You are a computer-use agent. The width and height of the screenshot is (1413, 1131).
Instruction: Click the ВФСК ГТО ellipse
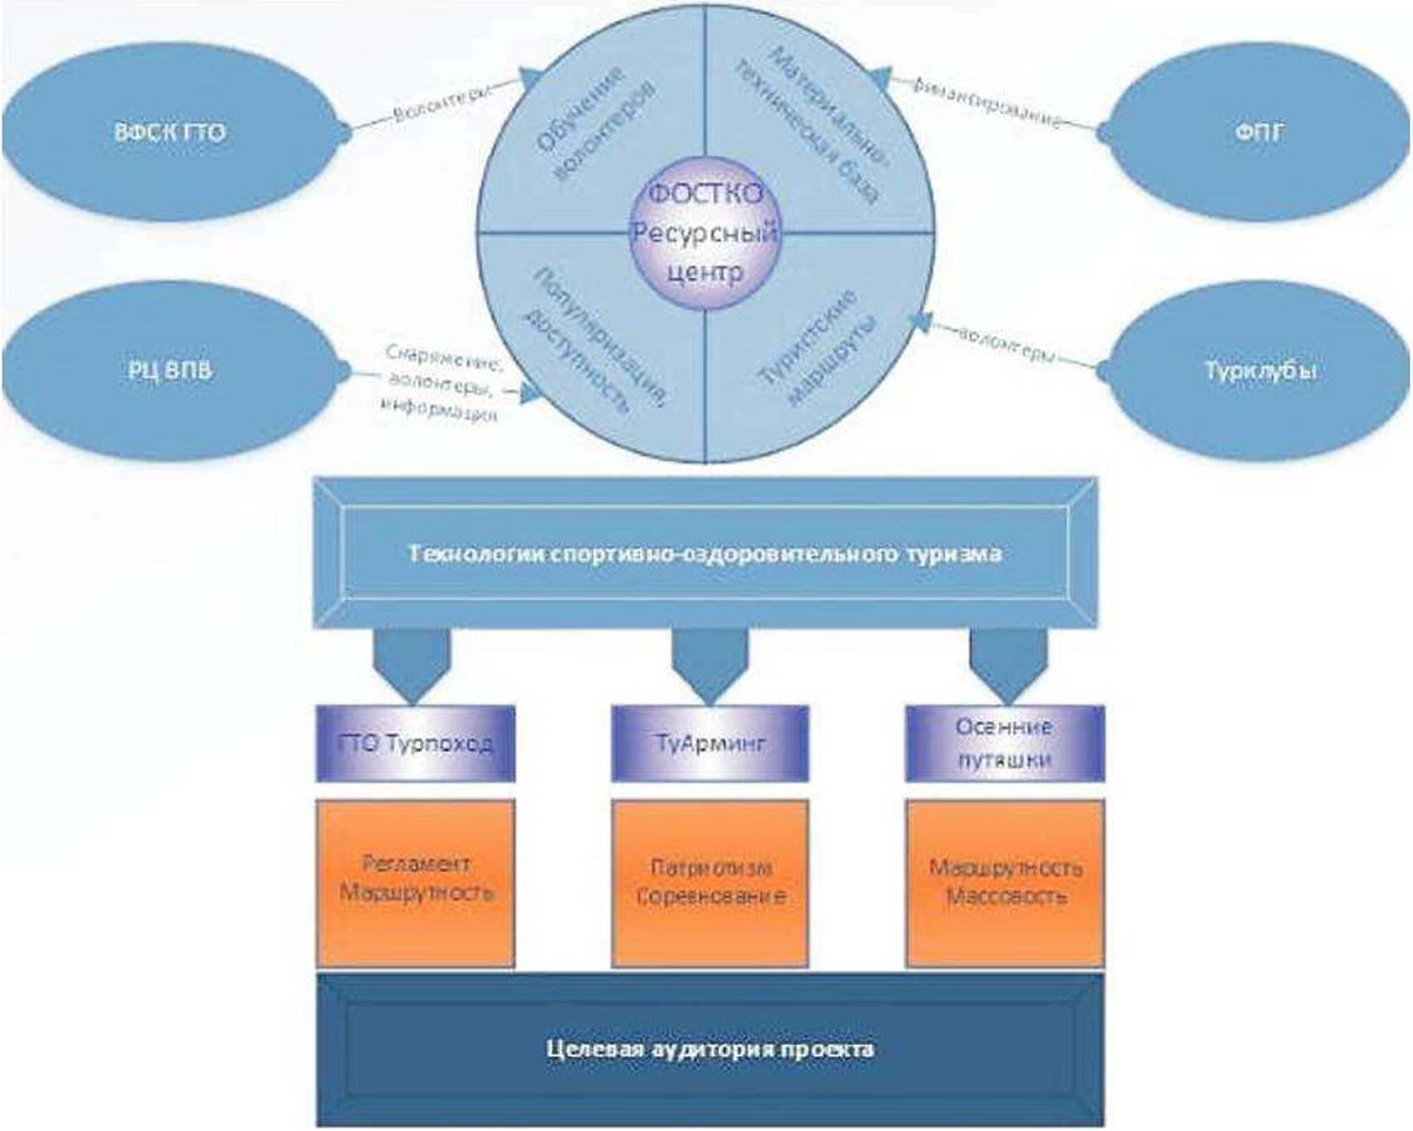click(171, 133)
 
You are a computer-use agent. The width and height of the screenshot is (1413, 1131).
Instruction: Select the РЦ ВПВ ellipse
click(171, 369)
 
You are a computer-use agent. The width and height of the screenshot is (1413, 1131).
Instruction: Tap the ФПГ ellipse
click(1258, 133)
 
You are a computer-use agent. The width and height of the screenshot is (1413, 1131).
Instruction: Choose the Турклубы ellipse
click(1258, 369)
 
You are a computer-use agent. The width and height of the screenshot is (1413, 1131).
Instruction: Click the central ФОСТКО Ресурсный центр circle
click(705, 233)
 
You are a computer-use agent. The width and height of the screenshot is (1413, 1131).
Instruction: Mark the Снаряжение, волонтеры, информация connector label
click(442, 383)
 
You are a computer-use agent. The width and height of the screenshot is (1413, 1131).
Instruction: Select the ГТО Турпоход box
click(415, 743)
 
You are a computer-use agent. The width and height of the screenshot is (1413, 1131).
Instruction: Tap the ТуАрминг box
click(710, 743)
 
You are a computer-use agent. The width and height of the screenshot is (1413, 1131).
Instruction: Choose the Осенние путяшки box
click(1005, 743)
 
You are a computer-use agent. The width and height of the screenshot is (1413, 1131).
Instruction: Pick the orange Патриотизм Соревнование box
click(710, 882)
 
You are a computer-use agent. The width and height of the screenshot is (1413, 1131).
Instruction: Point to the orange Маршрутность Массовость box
click(1005, 882)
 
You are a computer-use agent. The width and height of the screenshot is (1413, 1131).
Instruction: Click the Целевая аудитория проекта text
click(710, 1048)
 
